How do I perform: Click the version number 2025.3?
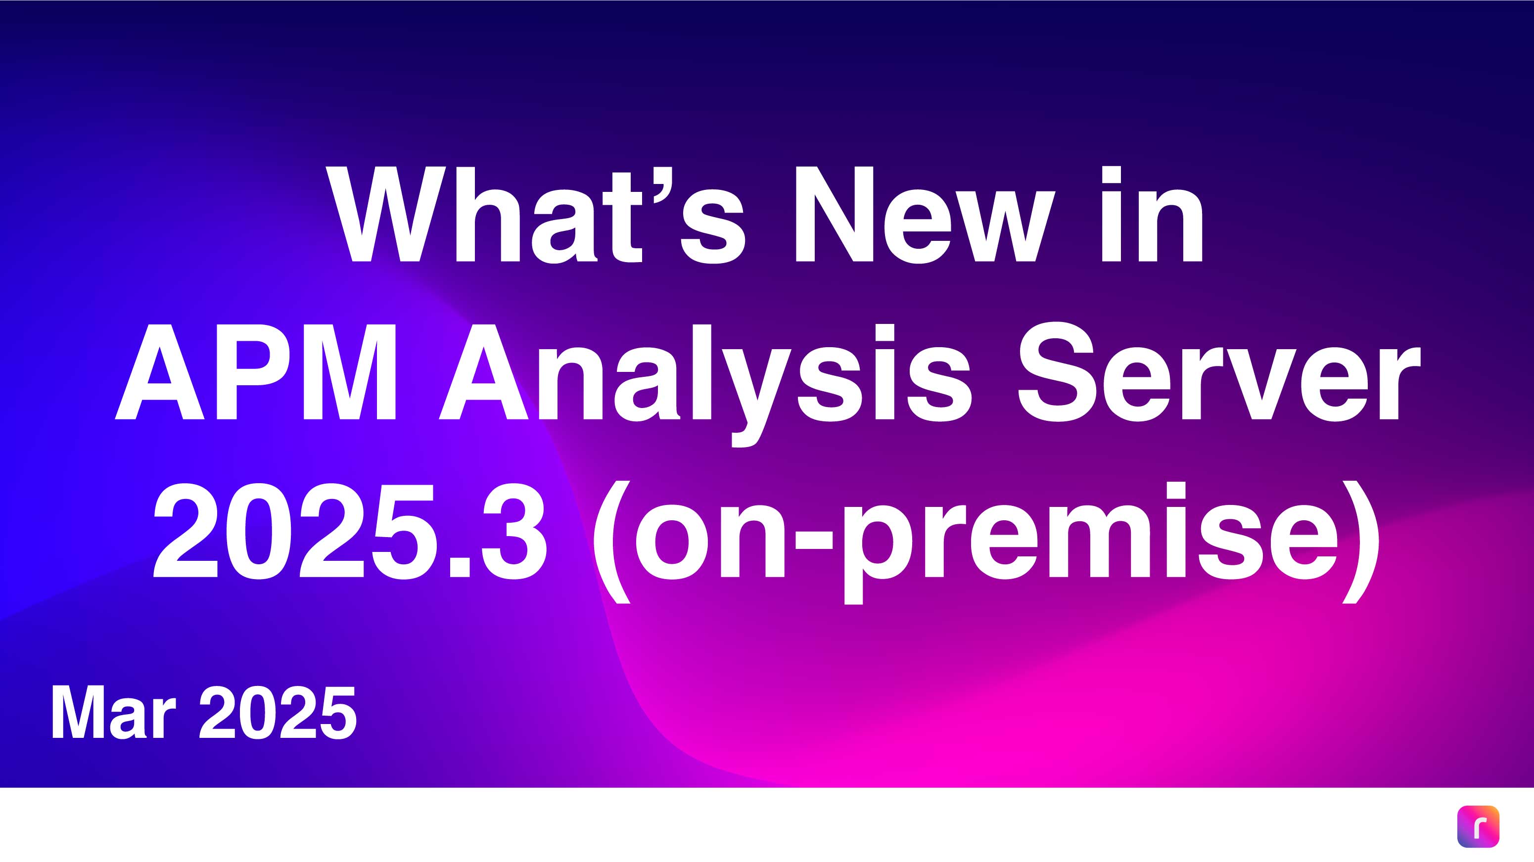pos(350,530)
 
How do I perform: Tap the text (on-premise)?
pos(985,542)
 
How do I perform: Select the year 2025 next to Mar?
pos(278,713)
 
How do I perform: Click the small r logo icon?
pos(1478,826)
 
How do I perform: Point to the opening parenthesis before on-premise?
pos(611,542)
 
